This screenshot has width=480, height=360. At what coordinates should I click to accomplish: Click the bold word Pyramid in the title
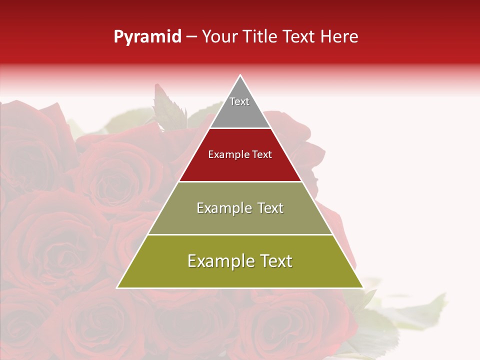147,37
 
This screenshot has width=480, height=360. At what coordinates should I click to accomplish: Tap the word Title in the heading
259,37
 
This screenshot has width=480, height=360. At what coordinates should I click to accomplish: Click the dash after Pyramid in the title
191,37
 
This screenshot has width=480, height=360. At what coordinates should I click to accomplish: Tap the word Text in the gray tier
239,101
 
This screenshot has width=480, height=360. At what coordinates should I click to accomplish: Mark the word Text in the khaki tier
271,208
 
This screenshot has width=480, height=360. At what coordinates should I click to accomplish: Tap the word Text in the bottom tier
275,261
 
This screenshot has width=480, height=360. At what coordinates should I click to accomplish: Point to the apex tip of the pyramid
240,76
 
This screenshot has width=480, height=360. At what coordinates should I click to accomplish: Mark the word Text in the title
300,37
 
